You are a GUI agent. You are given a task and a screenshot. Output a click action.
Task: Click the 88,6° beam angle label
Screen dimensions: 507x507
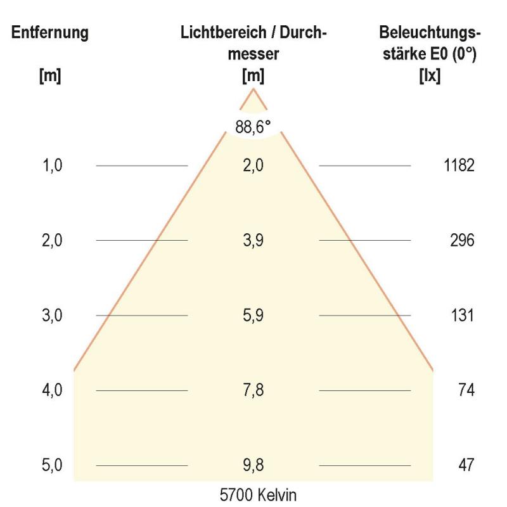pyautogui.click(x=253, y=127)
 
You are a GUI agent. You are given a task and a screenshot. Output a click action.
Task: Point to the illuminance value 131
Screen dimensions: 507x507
pyautogui.click(x=462, y=316)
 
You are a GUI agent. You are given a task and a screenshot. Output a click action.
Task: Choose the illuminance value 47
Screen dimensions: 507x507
pyautogui.click(x=466, y=465)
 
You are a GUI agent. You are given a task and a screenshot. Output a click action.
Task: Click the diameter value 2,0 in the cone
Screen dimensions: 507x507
pyautogui.click(x=253, y=166)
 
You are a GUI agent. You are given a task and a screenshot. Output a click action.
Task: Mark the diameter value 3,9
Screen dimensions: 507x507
pyautogui.click(x=253, y=241)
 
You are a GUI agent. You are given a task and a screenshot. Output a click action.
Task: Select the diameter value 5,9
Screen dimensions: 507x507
pyautogui.click(x=253, y=316)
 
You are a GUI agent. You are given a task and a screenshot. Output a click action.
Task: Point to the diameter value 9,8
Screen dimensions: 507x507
pyautogui.click(x=253, y=465)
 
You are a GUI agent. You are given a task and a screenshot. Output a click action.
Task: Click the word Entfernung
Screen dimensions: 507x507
pyautogui.click(x=50, y=34)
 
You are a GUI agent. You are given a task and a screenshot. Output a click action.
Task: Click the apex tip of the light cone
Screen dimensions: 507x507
pyautogui.click(x=254, y=89)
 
